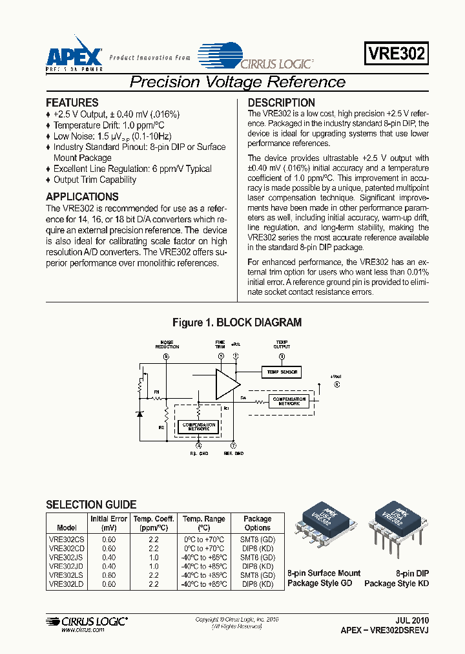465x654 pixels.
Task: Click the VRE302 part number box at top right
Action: click(397, 54)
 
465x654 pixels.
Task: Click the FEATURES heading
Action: click(72, 103)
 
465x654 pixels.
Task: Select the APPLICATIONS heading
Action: click(82, 197)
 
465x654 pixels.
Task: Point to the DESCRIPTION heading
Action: click(282, 103)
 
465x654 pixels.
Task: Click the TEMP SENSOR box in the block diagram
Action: click(281, 372)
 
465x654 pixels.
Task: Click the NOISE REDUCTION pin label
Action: click(167, 344)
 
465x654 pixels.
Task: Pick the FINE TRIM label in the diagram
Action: click(220, 344)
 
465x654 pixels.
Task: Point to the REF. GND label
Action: click(234, 453)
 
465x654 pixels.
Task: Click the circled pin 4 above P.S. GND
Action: click(198, 445)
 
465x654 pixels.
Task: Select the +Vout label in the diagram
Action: click(335, 376)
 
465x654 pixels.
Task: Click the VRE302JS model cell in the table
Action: click(67, 557)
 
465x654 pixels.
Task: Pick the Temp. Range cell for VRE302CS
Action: click(204, 539)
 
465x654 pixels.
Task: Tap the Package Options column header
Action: click(258, 523)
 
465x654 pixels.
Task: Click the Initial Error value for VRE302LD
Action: click(108, 584)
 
